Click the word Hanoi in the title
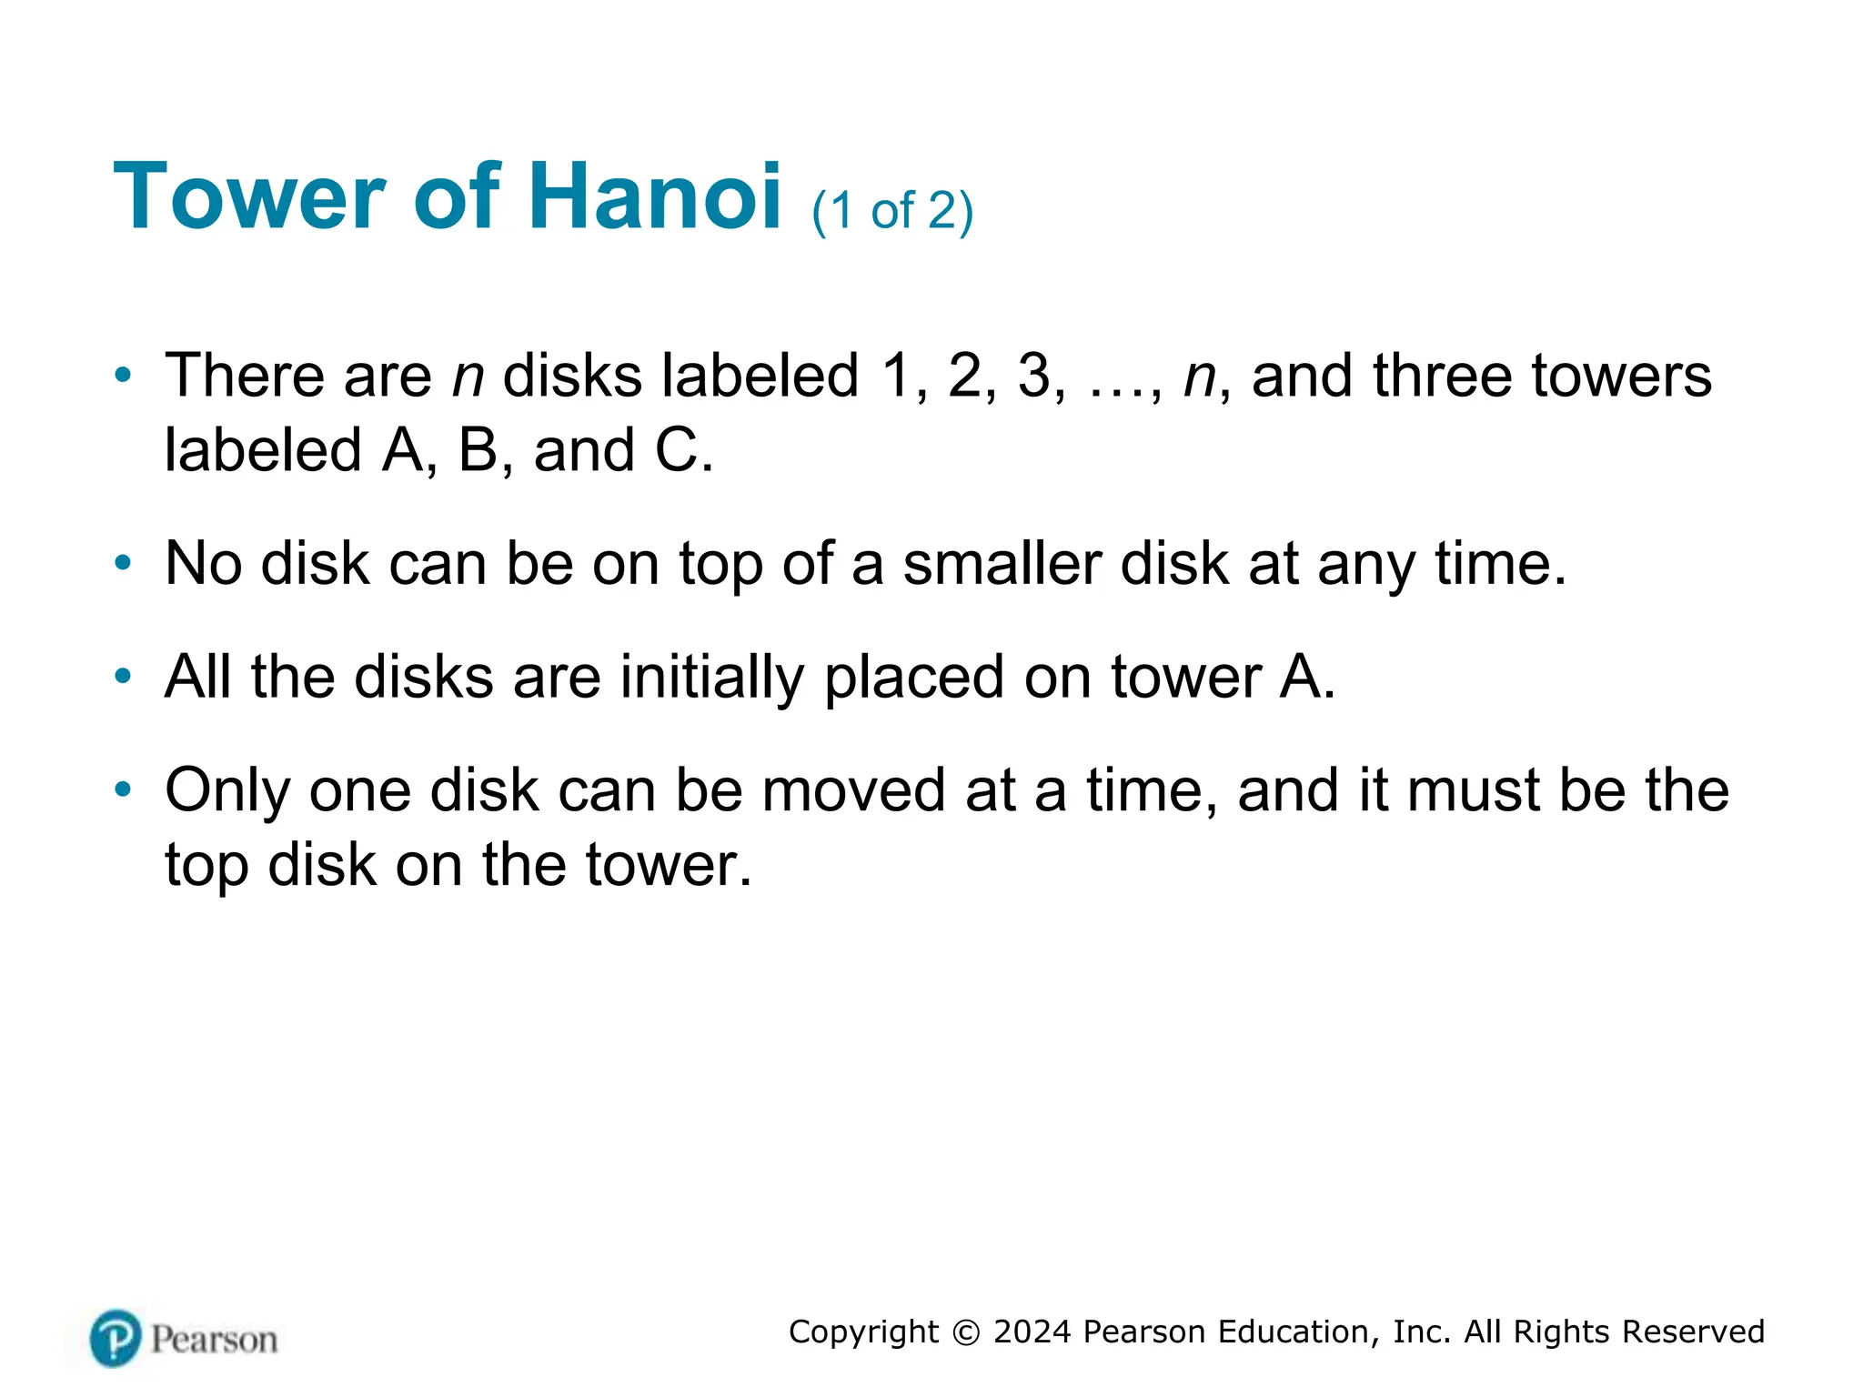(654, 196)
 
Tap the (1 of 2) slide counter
(892, 211)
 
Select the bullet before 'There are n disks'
(123, 375)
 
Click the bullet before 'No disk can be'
(123, 563)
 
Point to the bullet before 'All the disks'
(123, 676)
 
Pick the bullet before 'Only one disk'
(123, 789)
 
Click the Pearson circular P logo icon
(116, 1339)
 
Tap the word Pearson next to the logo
(214, 1340)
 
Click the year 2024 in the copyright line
(1032, 1332)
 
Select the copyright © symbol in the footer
(966, 1332)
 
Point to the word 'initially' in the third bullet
(712, 677)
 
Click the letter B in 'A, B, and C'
(478, 450)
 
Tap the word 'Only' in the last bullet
(227, 791)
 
